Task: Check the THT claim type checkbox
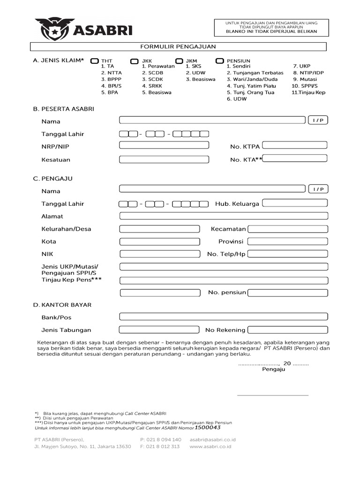[x=95, y=61]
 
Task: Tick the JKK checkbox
[x=135, y=61]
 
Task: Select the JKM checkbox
[x=179, y=61]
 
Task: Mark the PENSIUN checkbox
[x=219, y=61]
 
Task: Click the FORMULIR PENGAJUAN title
[x=179, y=46]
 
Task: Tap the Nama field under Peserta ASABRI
[x=212, y=120]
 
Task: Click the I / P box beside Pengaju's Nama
[x=318, y=189]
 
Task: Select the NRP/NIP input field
[x=164, y=145]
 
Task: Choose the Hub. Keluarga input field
[x=295, y=203]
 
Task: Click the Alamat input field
[x=224, y=216]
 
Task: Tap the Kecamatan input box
[x=287, y=229]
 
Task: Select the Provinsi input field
[x=287, y=241]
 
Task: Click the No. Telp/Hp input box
[x=287, y=254]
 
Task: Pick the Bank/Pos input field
[x=224, y=316]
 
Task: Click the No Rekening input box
[x=287, y=330]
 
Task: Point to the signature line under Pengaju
[x=273, y=395]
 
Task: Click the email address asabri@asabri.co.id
[x=212, y=440]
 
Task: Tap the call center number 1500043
[x=208, y=427]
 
